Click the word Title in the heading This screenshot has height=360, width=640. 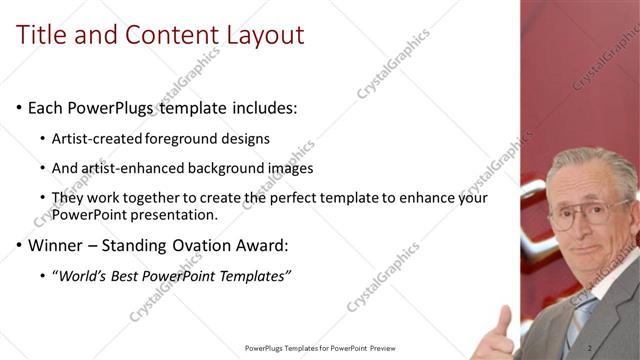(44, 35)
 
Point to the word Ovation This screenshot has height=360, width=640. (201, 244)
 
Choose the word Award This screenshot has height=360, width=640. (261, 244)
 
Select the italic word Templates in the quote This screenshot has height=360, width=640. (255, 275)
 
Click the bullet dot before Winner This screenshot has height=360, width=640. (20, 245)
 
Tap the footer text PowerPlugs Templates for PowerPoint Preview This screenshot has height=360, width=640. (320, 348)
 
